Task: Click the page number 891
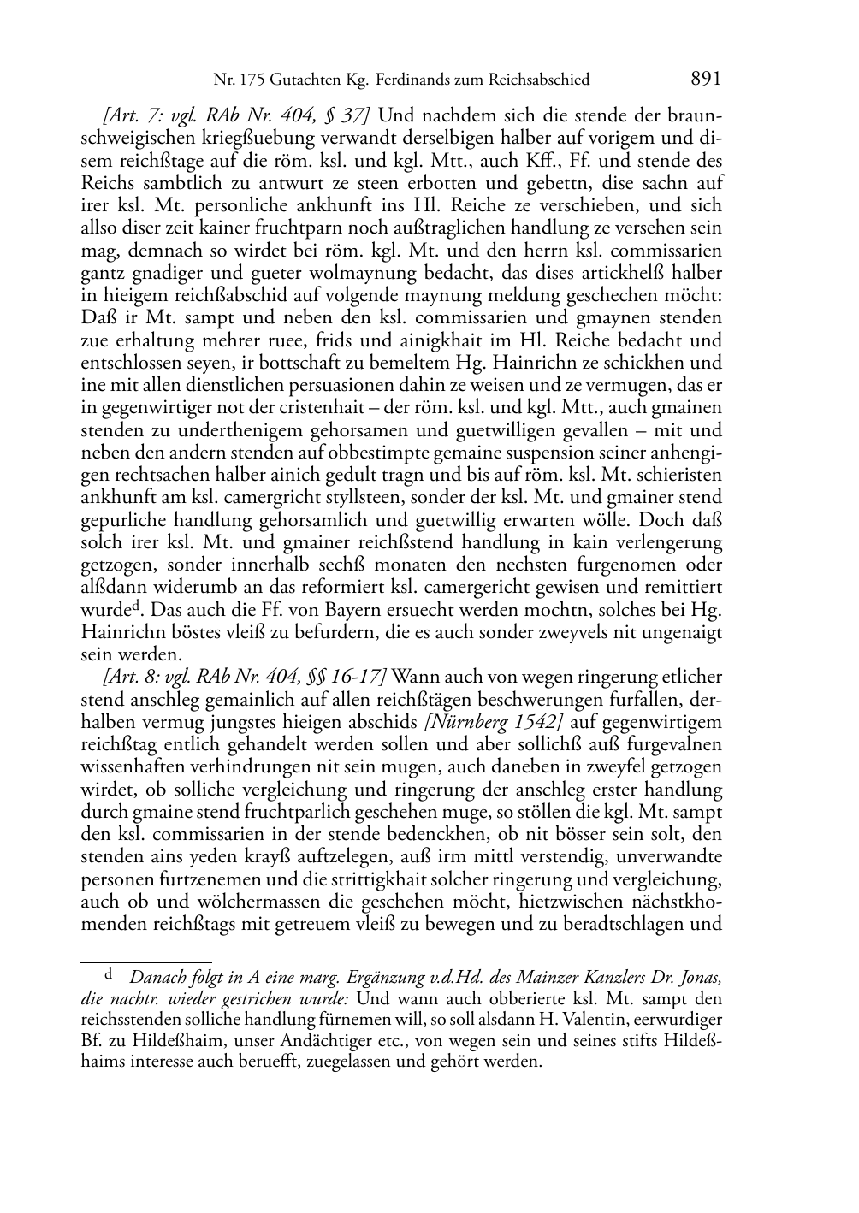[x=705, y=79]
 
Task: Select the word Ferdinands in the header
[x=412, y=80]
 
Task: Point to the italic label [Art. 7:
[x=127, y=115]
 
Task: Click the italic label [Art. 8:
[x=127, y=677]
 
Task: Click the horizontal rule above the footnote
[x=145, y=962]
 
